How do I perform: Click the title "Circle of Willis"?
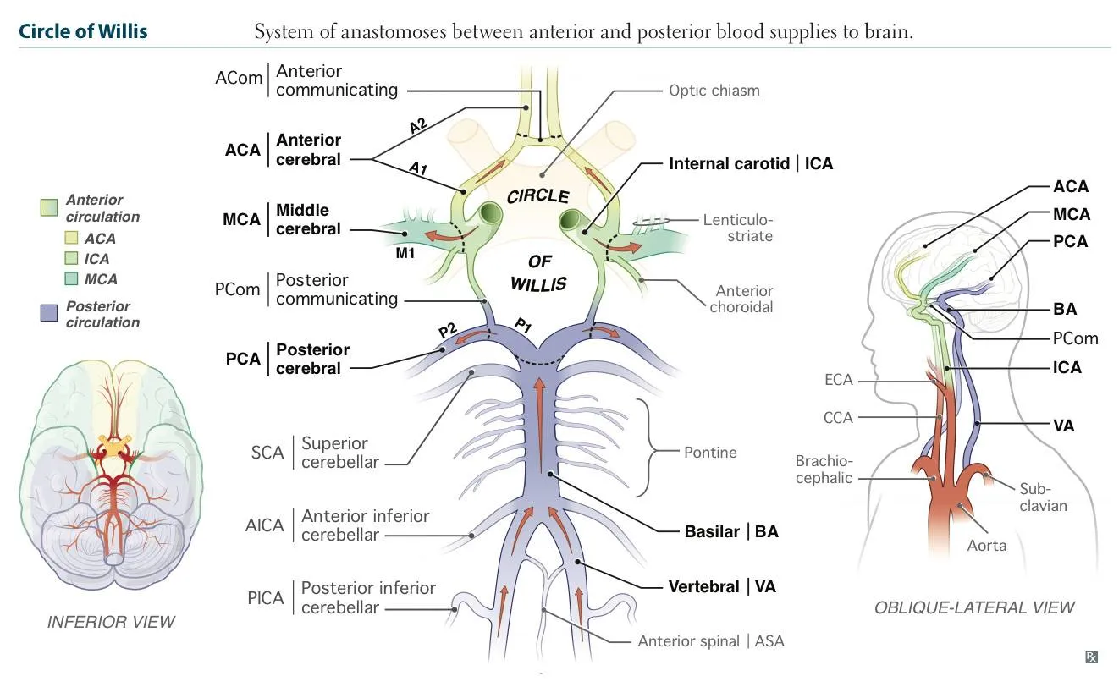pyautogui.click(x=83, y=32)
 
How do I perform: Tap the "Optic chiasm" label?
pyautogui.click(x=714, y=90)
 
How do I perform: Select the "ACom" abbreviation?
pyautogui.click(x=239, y=78)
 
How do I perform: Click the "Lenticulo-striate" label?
pyautogui.click(x=737, y=228)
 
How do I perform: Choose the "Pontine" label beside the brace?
pyautogui.click(x=709, y=453)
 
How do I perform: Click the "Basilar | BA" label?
pyautogui.click(x=730, y=532)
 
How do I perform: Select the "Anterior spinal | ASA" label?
pyautogui.click(x=711, y=641)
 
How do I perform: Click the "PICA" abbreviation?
pyautogui.click(x=265, y=598)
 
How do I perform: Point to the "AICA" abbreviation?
pyautogui.click(x=264, y=525)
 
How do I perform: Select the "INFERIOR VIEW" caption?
pyautogui.click(x=111, y=622)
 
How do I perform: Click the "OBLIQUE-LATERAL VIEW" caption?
pyautogui.click(x=973, y=607)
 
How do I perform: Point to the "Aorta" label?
pyautogui.click(x=986, y=546)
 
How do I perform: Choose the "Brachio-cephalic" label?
pyautogui.click(x=824, y=470)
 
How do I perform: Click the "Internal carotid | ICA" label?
pyautogui.click(x=751, y=163)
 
